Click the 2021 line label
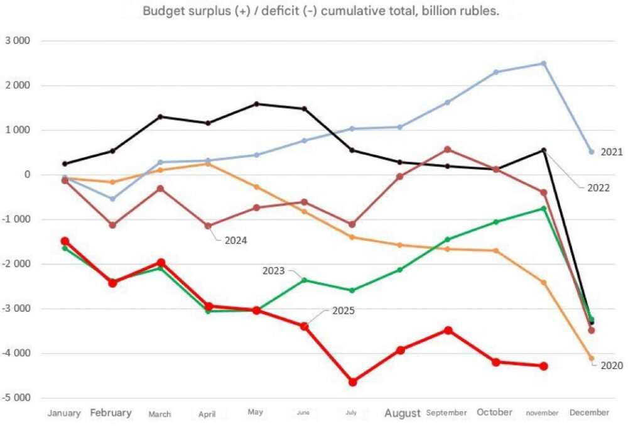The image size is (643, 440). click(612, 152)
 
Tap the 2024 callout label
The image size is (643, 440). click(235, 239)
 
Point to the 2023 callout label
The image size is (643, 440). click(273, 271)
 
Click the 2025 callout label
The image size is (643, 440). click(343, 311)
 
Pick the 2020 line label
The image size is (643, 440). click(612, 365)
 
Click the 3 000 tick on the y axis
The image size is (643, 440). click(20, 41)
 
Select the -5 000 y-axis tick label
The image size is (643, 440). click(19, 398)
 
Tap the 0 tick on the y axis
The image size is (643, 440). click(28, 175)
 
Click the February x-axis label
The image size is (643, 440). click(111, 413)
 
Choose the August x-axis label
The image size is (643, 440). click(403, 413)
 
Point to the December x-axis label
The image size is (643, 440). click(589, 413)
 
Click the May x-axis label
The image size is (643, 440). click(256, 413)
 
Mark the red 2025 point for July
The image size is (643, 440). click(353, 382)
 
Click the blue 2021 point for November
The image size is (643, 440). click(544, 63)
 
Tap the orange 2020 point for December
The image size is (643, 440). click(591, 358)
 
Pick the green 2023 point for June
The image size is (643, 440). click(305, 280)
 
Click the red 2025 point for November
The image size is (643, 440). click(544, 366)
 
